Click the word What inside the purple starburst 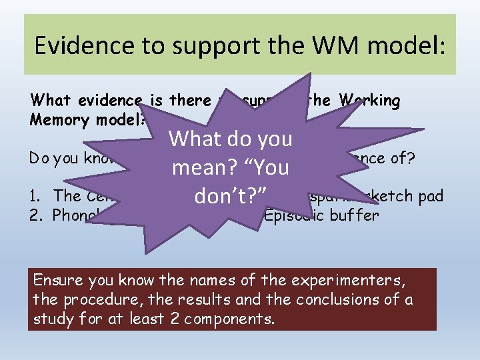point(196,139)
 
